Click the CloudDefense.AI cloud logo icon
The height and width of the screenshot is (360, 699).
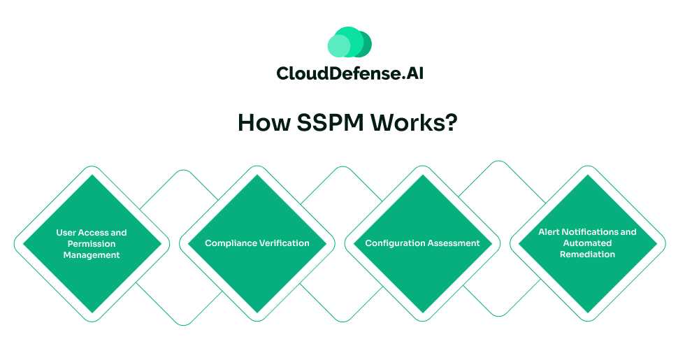349,43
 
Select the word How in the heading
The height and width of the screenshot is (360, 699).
261,122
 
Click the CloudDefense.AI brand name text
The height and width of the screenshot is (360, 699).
349,73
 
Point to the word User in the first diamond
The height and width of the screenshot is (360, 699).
66,232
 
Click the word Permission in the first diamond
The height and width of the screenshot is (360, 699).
92,243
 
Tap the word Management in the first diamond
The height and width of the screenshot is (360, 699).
92,255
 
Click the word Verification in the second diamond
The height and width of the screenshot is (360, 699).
284,243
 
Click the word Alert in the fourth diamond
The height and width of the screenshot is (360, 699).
550,231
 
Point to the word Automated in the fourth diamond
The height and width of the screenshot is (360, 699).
587,243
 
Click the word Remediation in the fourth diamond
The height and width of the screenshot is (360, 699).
587,254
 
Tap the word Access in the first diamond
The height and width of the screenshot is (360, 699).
94,232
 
